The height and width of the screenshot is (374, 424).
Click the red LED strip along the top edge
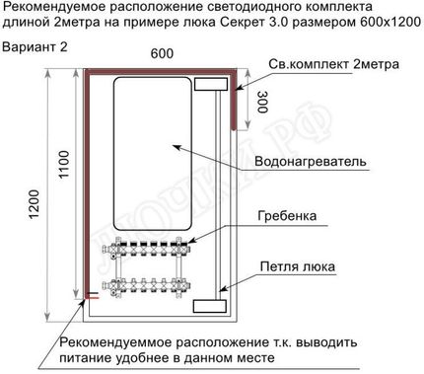[x=158, y=71]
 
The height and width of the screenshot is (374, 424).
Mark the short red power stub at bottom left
[x=91, y=295]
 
